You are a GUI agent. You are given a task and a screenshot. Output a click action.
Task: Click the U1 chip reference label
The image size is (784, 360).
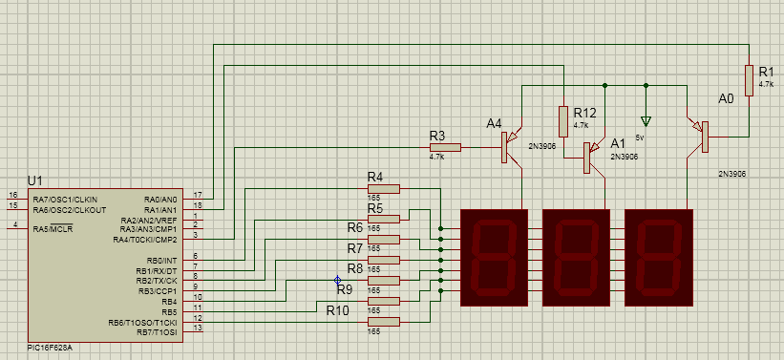pyautogui.click(x=35, y=180)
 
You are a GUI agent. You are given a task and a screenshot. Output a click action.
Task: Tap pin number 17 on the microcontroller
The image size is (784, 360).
pyautogui.click(x=197, y=196)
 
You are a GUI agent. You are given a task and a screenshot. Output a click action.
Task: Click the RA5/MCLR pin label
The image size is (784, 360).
pyautogui.click(x=53, y=228)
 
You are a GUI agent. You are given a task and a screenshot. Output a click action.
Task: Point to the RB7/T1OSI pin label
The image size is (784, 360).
pyautogui.click(x=156, y=331)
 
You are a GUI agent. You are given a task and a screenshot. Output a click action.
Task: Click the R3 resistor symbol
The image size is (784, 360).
pyautogui.click(x=445, y=147)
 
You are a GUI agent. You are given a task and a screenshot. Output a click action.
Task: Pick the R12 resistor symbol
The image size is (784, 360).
pyautogui.click(x=562, y=120)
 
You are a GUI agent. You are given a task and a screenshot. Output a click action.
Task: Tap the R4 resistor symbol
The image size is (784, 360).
pyautogui.click(x=384, y=188)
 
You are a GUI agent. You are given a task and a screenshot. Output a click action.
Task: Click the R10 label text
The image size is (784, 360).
pyautogui.click(x=338, y=310)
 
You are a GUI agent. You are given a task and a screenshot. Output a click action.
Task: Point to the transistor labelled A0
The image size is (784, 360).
pyautogui.click(x=699, y=135)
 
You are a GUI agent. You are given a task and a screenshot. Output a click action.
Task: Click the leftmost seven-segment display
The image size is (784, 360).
pyautogui.click(x=493, y=258)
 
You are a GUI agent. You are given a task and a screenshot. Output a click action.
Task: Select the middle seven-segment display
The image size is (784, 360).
pyautogui.click(x=576, y=258)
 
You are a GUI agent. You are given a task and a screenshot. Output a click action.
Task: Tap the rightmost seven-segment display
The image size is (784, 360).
pyautogui.click(x=659, y=258)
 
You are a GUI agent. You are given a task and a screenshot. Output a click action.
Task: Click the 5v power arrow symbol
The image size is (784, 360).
pyautogui.click(x=646, y=121)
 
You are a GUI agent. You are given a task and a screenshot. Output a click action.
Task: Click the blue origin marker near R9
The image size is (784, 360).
pyautogui.click(x=337, y=280)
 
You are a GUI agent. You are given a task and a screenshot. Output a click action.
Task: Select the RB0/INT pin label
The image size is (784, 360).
pyautogui.click(x=160, y=260)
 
